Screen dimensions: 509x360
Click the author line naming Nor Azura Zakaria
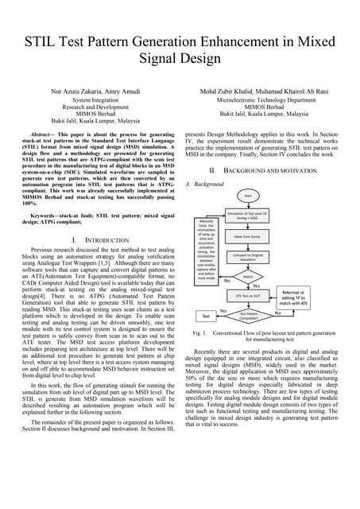[95, 92]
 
